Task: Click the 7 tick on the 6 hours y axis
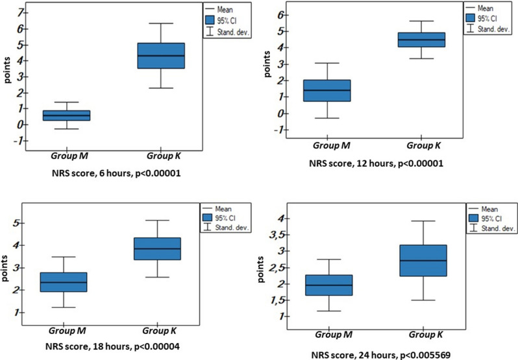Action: pos(21,13)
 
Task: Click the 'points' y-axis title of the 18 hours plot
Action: pos(8,266)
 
